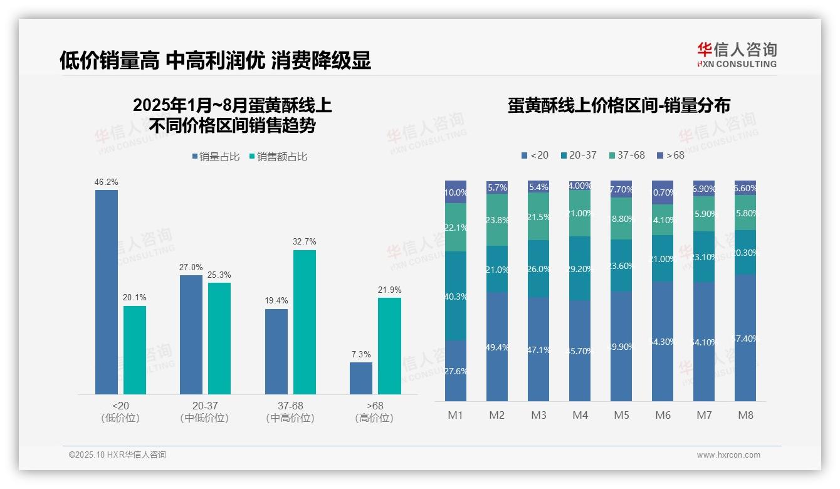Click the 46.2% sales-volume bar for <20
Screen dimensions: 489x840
pyautogui.click(x=107, y=292)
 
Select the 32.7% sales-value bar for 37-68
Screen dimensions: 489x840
pyautogui.click(x=305, y=322)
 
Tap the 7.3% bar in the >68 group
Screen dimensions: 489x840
pyautogui.click(x=361, y=378)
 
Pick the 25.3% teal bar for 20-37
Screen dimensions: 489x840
pyautogui.click(x=219, y=338)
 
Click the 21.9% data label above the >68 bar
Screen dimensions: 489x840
pyautogui.click(x=389, y=290)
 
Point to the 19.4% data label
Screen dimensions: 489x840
pyautogui.click(x=276, y=301)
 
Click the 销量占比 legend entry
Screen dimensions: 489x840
pyautogui.click(x=216, y=157)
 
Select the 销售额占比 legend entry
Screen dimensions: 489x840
pyautogui.click(x=278, y=157)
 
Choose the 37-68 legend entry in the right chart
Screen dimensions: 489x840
pyautogui.click(x=626, y=155)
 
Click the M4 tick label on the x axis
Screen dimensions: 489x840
pyautogui.click(x=580, y=415)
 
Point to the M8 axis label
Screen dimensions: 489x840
pyautogui.click(x=745, y=415)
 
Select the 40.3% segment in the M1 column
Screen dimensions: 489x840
pyautogui.click(x=456, y=296)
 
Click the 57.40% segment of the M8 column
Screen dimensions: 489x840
pyautogui.click(x=745, y=338)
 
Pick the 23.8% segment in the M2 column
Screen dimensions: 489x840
pyautogui.click(x=497, y=219)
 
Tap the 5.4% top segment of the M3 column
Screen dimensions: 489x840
pyautogui.click(x=538, y=187)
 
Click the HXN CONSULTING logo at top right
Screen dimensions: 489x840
pyautogui.click(x=737, y=55)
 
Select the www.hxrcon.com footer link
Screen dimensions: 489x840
pyautogui.click(x=728, y=455)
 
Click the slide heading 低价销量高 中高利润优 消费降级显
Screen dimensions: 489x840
pyautogui.click(x=215, y=60)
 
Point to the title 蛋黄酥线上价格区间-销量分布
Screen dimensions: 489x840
pyautogui.click(x=619, y=105)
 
